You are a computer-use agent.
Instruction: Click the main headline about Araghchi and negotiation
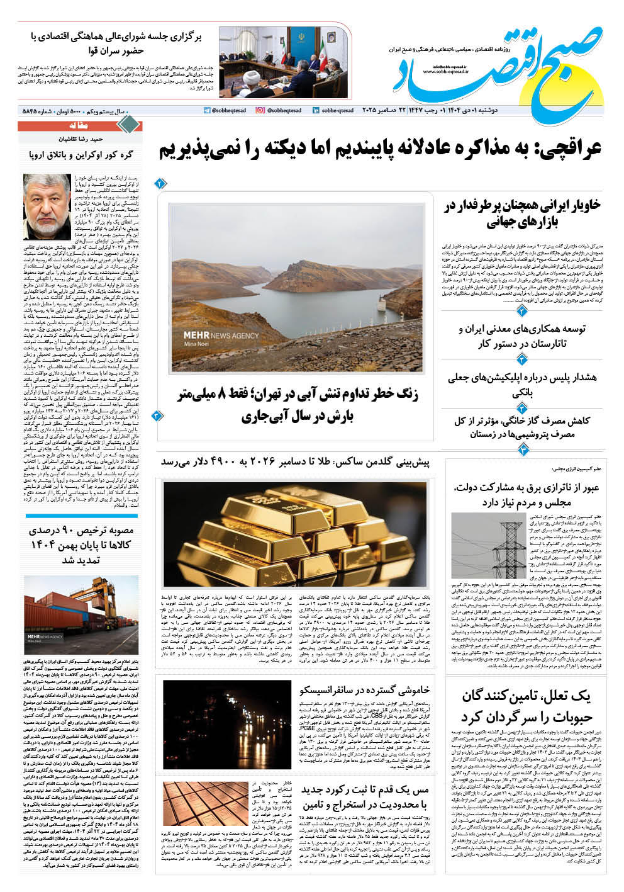pos(381,149)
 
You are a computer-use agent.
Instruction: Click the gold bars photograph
pos(294,534)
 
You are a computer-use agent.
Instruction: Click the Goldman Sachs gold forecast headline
pos(294,463)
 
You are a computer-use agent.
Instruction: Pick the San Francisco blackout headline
pos(364,690)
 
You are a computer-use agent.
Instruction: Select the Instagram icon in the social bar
pos(260,110)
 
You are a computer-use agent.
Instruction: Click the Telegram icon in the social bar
pos(207,110)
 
